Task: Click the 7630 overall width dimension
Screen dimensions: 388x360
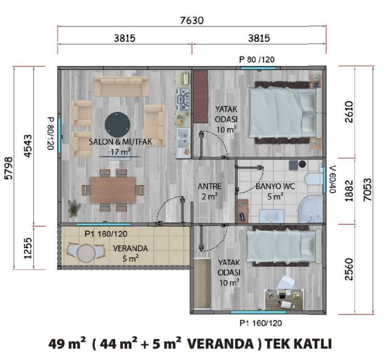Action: coord(192,20)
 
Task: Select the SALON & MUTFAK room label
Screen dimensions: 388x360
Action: coord(120,142)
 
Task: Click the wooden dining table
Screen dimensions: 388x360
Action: coord(113,190)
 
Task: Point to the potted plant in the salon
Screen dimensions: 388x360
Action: coord(74,207)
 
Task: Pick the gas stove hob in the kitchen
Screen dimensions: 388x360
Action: coord(183,99)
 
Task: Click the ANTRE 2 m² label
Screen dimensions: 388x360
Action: coord(209,192)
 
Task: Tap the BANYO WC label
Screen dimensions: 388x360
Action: coord(275,186)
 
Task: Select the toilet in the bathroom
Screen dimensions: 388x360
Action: coord(314,179)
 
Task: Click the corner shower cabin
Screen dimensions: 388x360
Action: coord(311,209)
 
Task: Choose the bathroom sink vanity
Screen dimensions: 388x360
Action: coord(272,216)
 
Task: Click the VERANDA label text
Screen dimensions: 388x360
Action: coord(130,248)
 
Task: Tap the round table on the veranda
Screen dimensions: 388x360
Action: coord(86,252)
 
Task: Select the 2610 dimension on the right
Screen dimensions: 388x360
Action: coord(349,112)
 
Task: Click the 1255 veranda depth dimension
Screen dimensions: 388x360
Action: coord(28,248)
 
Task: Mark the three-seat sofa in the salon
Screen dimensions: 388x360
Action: coord(121,86)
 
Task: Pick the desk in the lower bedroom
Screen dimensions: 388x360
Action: coord(284,299)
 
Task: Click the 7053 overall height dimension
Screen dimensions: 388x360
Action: coord(368,189)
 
